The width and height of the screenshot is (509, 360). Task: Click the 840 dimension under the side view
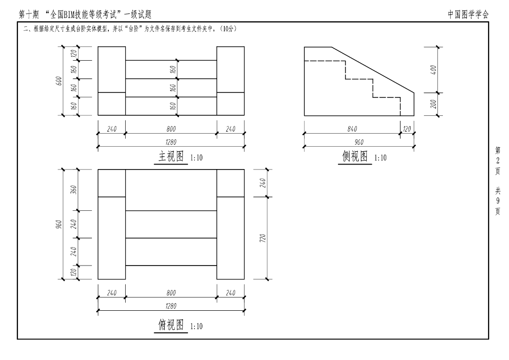pos(352,129)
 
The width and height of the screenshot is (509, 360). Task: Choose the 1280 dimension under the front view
pos(171,142)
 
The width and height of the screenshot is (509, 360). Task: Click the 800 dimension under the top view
pos(171,293)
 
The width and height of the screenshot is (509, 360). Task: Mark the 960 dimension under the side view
pos(359,142)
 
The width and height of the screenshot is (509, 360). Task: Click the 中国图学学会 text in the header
pos(468,14)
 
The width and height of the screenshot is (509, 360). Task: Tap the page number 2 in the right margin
pos(498,160)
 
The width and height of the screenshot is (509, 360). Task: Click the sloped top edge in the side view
pos(373,70)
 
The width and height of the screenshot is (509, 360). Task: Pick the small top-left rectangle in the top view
pos(111,183)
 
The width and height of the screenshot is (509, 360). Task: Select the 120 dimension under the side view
pos(407,129)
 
